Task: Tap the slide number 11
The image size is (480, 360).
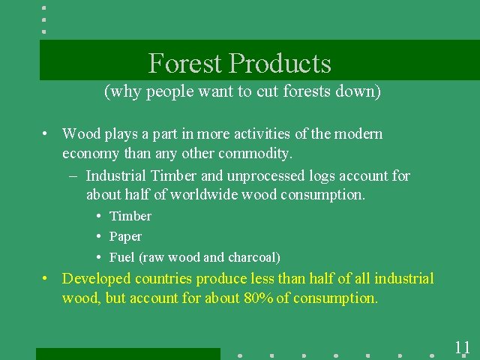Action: coord(462,347)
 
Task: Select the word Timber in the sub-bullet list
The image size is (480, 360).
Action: coord(130,216)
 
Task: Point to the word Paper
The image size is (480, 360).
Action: coord(125,236)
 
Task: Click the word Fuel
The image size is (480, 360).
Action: coord(122,257)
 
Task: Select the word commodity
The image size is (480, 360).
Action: coord(254,153)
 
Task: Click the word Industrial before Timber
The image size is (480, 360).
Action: coord(116,175)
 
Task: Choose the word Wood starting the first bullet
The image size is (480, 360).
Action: coord(81,134)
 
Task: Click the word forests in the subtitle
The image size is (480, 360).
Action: coord(304,92)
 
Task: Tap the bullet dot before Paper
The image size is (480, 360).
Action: coord(99,237)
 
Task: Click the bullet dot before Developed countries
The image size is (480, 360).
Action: coord(46,279)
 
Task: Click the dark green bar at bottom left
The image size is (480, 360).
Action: coord(127,354)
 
